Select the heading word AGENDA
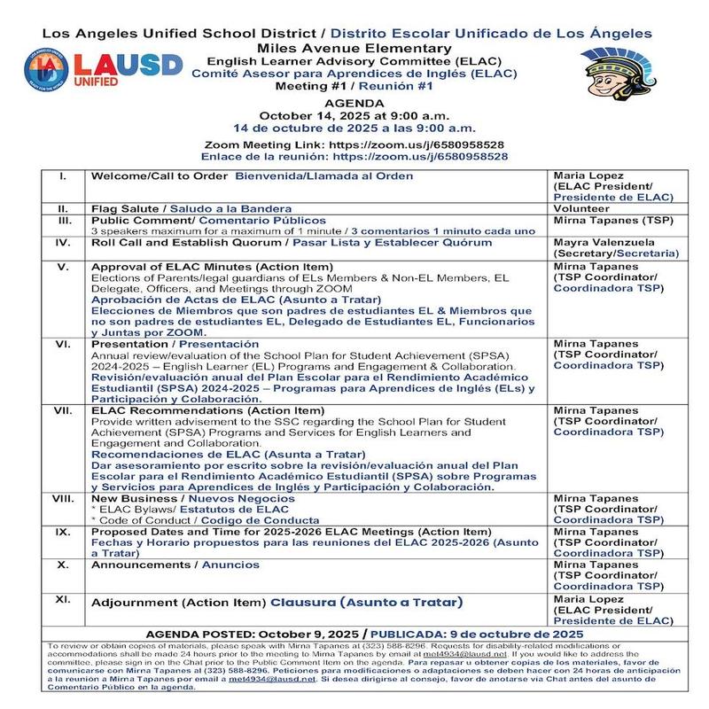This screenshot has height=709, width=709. [x=355, y=103]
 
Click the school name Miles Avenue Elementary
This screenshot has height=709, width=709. [x=354, y=47]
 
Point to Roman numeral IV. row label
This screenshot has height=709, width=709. [x=62, y=242]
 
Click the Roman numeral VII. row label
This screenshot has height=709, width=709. [x=62, y=410]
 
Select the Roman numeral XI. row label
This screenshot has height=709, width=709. [x=62, y=600]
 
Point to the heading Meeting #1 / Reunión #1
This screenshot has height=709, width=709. [x=354, y=88]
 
